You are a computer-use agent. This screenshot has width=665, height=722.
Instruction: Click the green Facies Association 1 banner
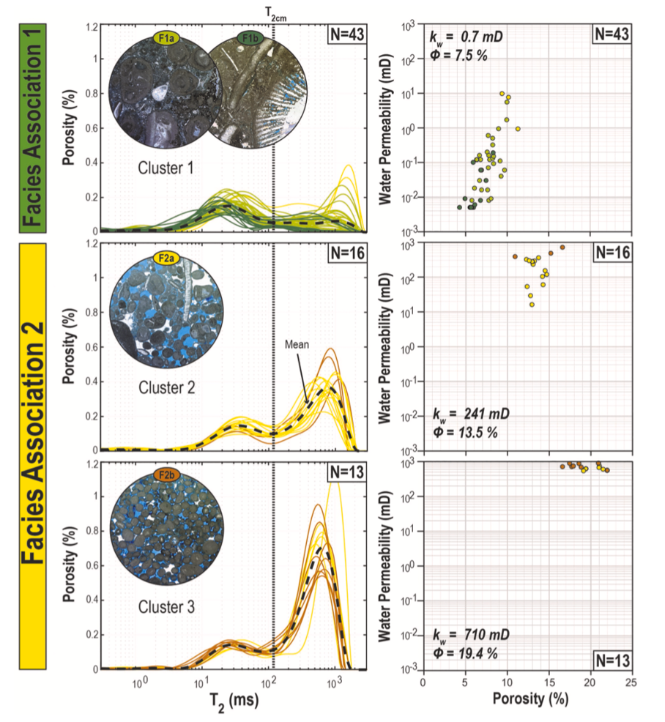[x=31, y=126]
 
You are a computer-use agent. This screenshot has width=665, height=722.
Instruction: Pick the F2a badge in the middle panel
[x=162, y=258]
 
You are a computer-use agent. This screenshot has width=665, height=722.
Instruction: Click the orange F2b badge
[x=162, y=477]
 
